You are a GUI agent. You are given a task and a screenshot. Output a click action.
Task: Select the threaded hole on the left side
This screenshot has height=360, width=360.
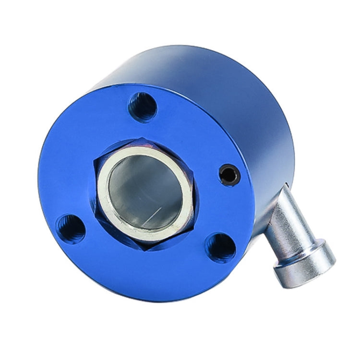71,228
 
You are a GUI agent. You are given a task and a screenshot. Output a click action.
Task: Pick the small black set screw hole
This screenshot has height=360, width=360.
229,175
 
